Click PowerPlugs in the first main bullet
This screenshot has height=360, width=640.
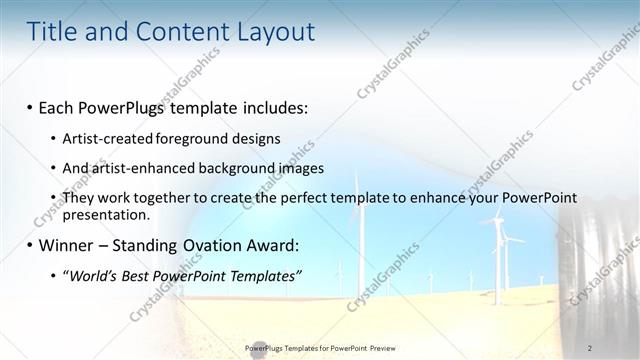point(121,106)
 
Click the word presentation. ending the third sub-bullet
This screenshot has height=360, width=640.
point(106,214)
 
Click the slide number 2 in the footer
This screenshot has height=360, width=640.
point(590,348)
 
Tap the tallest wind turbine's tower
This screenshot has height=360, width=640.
point(358,240)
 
